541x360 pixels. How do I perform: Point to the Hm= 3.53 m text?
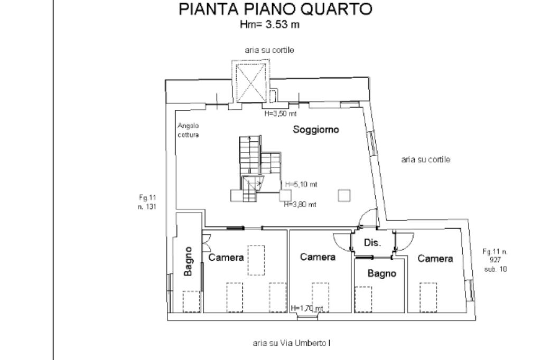(269, 25)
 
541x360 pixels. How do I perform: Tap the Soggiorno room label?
(316, 130)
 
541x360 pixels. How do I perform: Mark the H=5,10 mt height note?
(301, 184)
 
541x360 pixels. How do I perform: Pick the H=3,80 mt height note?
(300, 205)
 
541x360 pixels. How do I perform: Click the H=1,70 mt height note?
(307, 308)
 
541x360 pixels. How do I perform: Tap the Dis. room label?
(374, 243)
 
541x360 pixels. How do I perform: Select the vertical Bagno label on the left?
(189, 261)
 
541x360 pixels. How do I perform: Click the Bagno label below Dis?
(381, 274)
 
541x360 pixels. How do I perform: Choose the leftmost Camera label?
(226, 258)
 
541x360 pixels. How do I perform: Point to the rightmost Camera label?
(435, 259)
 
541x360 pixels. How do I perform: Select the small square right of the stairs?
(344, 195)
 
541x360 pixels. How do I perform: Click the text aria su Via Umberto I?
(292, 343)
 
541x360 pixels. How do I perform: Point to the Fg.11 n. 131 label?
(146, 202)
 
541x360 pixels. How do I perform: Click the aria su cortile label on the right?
(426, 160)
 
